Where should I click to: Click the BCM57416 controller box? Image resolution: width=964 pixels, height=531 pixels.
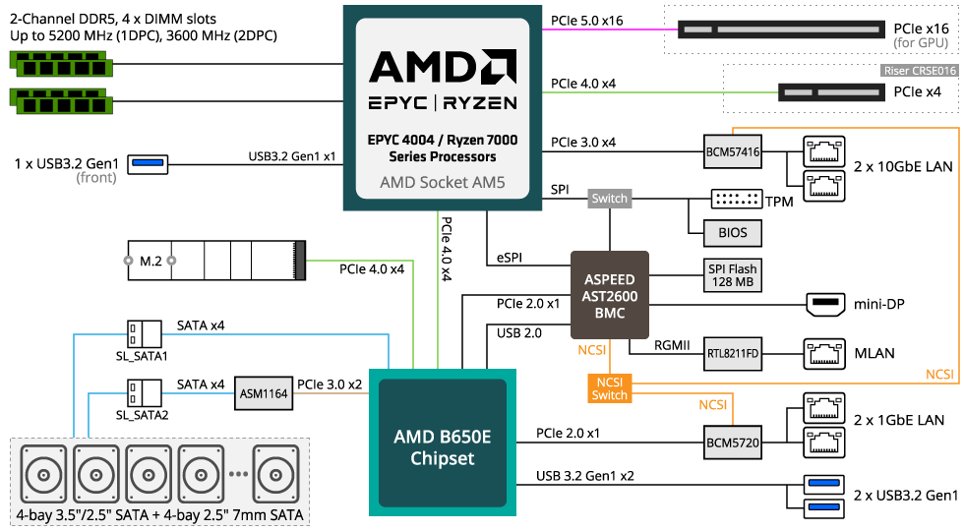click(x=733, y=151)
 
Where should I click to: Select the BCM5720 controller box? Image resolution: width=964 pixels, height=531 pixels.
click(x=733, y=442)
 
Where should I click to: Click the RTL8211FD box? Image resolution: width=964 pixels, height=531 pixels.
click(x=733, y=351)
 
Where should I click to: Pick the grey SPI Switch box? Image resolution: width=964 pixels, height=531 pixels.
click(x=609, y=199)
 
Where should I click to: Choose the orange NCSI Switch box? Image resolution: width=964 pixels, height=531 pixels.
click(x=609, y=388)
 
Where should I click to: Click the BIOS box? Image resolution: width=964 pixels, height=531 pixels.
click(x=733, y=233)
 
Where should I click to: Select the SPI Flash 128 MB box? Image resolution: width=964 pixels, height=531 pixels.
click(x=733, y=275)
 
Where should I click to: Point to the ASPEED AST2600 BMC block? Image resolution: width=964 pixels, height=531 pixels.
click(x=610, y=296)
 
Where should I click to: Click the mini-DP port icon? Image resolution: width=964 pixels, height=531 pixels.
click(x=823, y=304)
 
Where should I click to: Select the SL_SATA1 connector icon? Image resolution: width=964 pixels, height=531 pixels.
click(x=144, y=332)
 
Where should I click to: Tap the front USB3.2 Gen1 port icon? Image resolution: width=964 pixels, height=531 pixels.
click(x=148, y=162)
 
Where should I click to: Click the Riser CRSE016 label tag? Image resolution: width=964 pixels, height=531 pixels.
click(x=919, y=71)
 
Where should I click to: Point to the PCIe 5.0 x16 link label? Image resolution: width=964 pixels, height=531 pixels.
click(x=588, y=20)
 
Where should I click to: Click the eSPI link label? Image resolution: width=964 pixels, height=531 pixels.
click(x=509, y=259)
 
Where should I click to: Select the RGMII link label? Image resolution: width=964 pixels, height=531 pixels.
click(x=674, y=345)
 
